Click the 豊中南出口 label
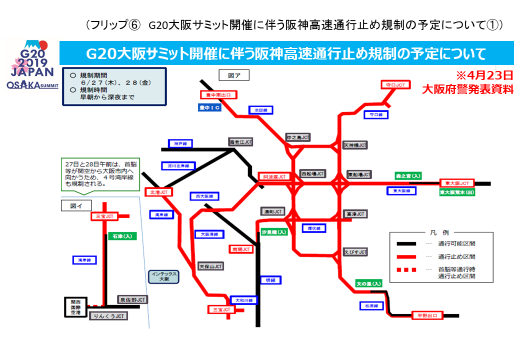pos(218,94)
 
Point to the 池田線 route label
pos(261,110)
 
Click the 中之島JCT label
pos(298,137)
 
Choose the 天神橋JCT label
pos(355,145)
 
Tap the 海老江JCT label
pos(240,142)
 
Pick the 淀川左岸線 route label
pos(177,165)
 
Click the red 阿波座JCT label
pos(274,176)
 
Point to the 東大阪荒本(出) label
pos(456,192)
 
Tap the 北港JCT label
pos(159,192)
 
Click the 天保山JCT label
pos(210,266)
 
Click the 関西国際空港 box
pos(76,307)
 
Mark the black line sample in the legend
pos(406,244)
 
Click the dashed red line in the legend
pos(406,270)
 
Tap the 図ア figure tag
pos(234,75)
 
